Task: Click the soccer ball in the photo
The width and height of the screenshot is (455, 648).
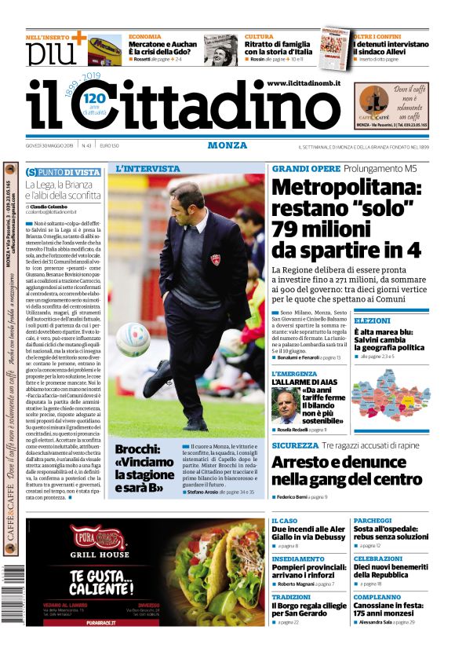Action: click(133, 339)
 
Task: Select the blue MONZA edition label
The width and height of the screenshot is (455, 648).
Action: click(227, 145)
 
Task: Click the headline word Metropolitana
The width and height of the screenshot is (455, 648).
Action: click(346, 189)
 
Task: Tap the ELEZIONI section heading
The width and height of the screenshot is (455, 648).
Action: click(372, 320)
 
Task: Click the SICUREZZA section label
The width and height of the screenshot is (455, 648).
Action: click(295, 445)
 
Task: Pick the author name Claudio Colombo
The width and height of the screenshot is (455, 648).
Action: click(56, 205)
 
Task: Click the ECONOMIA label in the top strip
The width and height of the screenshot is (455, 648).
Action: click(145, 37)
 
